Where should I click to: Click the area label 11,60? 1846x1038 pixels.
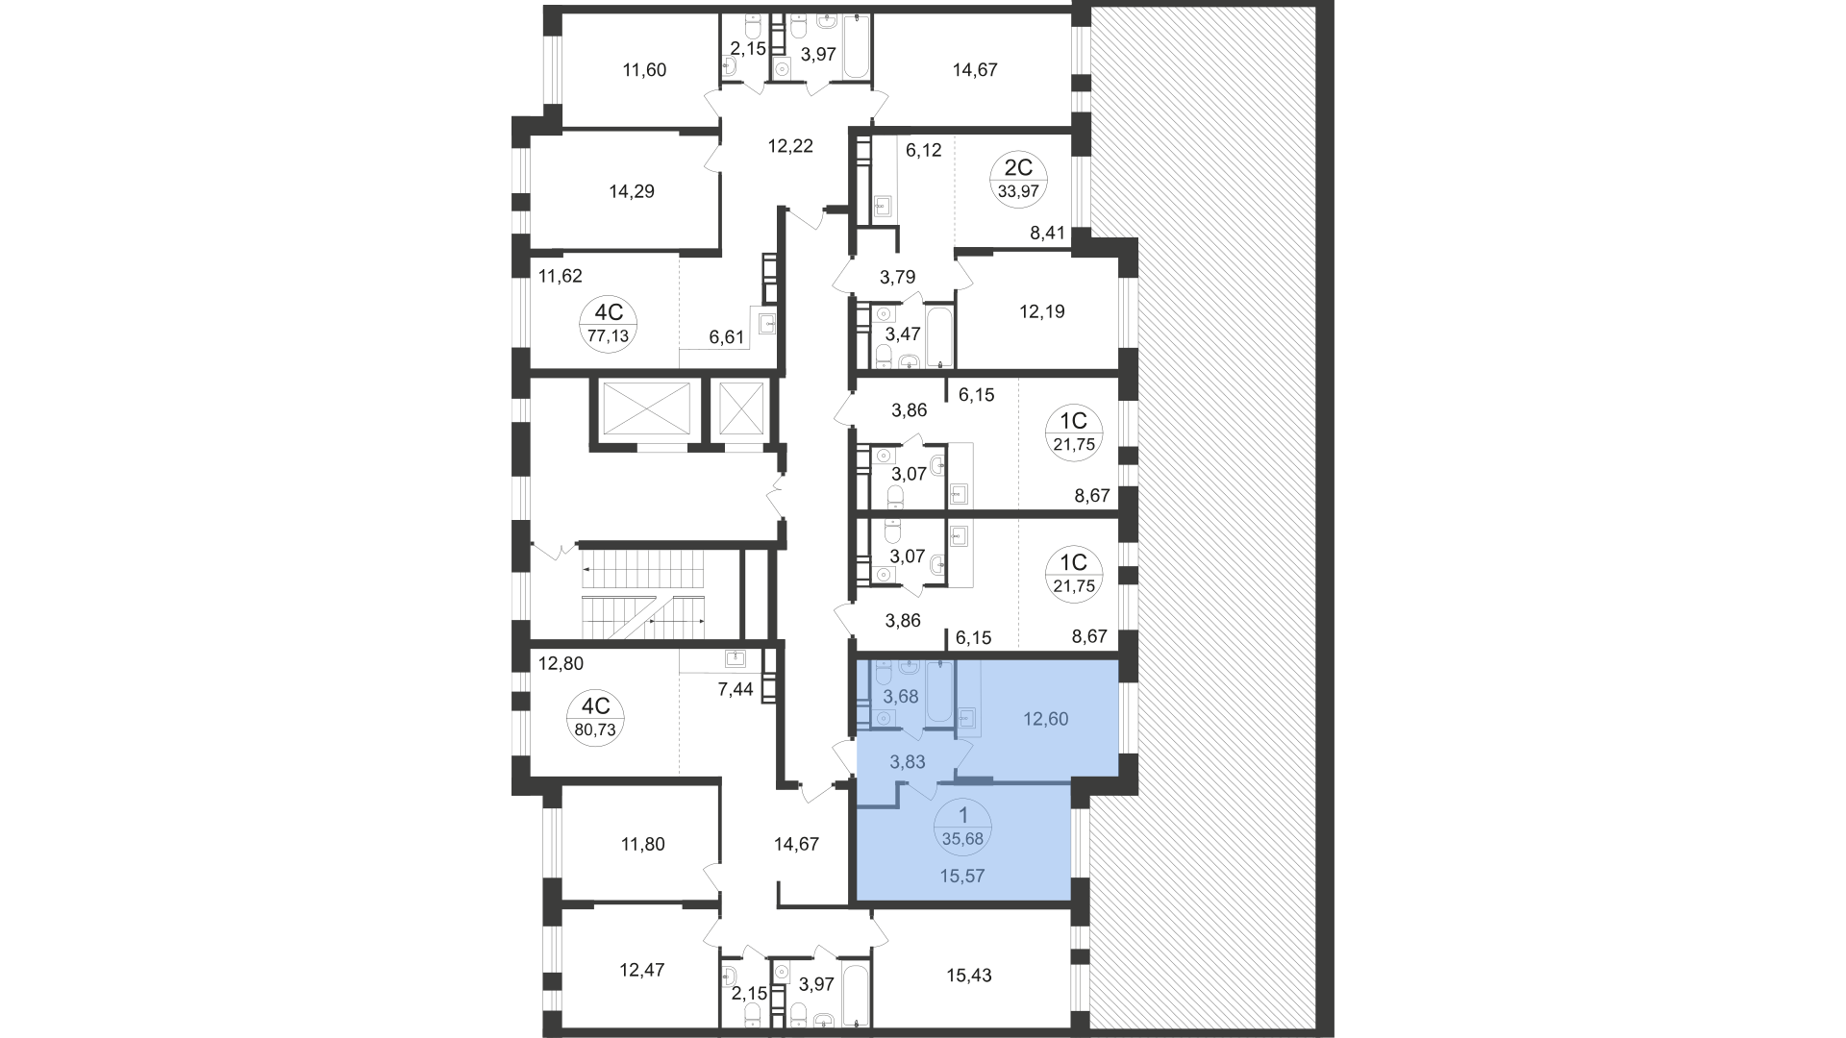pos(644,70)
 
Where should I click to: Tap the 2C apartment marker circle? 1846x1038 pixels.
pos(1018,180)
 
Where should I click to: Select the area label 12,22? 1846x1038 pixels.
pos(790,146)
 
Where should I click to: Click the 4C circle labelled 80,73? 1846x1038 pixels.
pos(595,717)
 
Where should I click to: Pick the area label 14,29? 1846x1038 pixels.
pos(632,191)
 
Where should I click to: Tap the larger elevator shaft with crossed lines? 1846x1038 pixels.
pos(644,408)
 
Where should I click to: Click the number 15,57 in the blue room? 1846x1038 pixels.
pos(962,876)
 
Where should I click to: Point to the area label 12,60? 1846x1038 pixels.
pos(1045,719)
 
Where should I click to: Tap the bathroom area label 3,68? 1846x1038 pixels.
pos(901,697)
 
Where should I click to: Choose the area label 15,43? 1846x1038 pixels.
pos(968,976)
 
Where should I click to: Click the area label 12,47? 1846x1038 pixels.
pos(641,970)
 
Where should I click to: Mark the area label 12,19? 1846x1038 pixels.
pos(1041,311)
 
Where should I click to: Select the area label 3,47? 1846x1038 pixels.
pos(903,334)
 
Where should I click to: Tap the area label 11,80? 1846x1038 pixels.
pos(641,845)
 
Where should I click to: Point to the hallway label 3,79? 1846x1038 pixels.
pos(897,277)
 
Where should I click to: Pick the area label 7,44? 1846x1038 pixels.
pos(736,688)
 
